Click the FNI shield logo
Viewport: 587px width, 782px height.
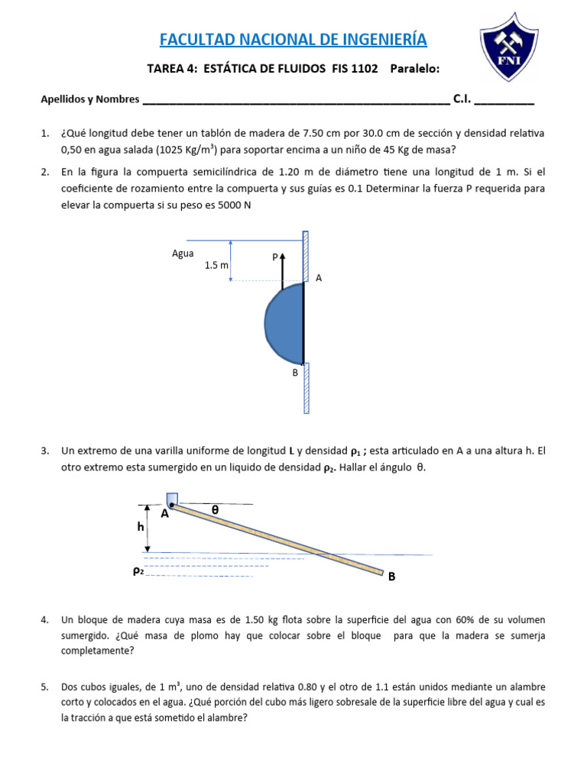click(512, 50)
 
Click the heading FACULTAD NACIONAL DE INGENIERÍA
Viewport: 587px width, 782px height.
click(293, 39)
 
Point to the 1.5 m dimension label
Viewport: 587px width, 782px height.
click(216, 265)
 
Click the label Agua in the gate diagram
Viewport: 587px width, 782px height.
click(183, 254)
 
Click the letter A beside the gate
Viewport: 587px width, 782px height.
click(319, 279)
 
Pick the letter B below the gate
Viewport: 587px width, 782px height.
click(294, 373)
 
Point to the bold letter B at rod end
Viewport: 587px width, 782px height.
click(391, 577)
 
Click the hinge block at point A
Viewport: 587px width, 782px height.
click(172, 499)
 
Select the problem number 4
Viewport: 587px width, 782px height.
click(44, 619)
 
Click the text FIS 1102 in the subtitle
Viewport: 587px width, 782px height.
click(355, 69)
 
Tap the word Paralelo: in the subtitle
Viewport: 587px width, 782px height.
click(415, 69)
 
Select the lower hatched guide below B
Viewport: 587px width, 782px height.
click(306, 388)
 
